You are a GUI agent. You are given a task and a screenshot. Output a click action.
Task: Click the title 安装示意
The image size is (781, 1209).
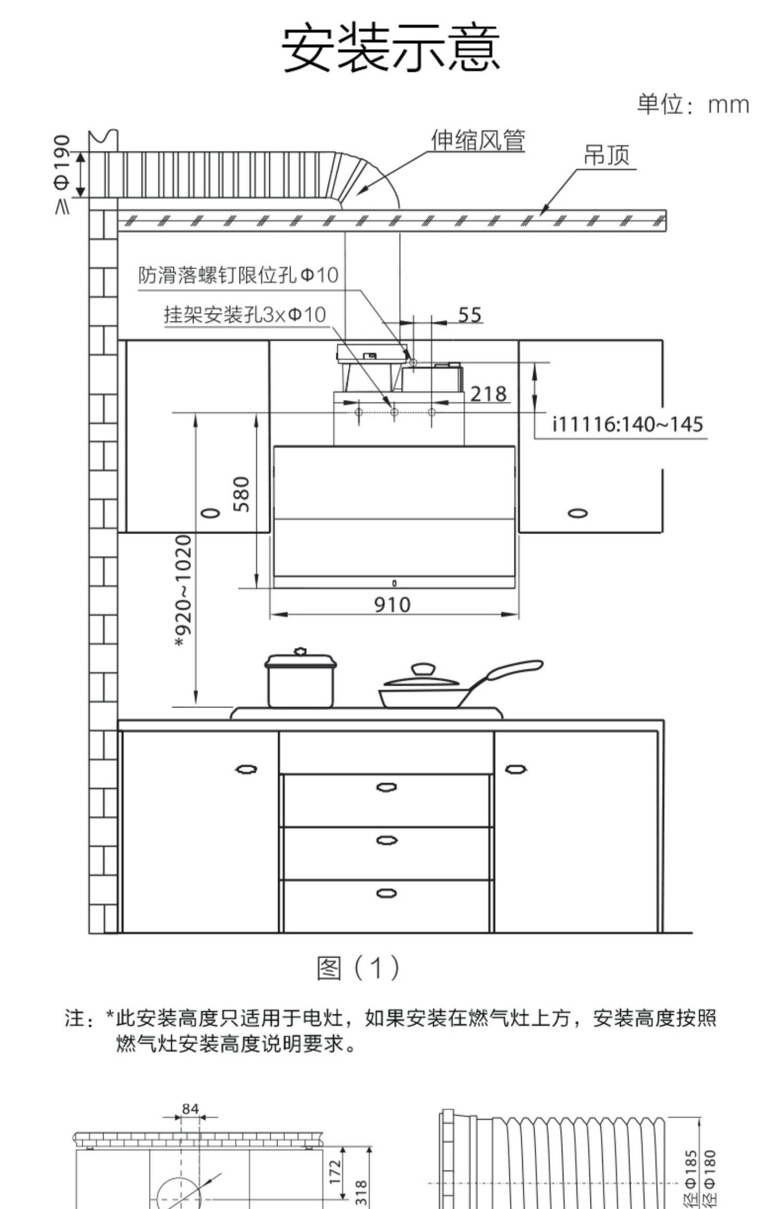(391, 47)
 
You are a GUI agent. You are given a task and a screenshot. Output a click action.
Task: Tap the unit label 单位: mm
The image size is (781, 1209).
(693, 105)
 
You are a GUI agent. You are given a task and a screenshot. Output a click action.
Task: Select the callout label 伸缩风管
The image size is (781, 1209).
(478, 141)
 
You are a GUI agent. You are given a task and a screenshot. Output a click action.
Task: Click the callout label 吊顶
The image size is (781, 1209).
(607, 155)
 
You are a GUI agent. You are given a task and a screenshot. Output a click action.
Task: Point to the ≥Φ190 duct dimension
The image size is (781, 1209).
(62, 174)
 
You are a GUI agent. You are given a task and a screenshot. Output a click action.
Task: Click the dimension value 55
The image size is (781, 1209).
(470, 315)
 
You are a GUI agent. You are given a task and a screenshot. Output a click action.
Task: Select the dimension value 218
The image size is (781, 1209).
(488, 394)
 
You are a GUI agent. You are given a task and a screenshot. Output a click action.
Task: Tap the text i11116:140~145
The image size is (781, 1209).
(627, 424)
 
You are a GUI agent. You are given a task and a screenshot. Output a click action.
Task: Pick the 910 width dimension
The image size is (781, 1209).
(393, 604)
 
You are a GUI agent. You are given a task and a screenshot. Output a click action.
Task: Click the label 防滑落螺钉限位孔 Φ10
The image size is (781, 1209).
(238, 275)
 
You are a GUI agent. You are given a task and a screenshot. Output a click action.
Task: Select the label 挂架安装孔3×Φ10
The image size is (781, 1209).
(245, 314)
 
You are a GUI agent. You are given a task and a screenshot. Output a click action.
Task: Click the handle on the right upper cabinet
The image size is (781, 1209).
(578, 513)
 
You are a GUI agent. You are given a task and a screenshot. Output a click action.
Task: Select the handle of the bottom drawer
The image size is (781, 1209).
(386, 893)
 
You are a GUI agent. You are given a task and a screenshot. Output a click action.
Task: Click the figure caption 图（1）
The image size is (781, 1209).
(359, 967)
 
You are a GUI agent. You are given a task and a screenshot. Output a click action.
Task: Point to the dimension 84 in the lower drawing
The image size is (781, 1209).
(190, 1109)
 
